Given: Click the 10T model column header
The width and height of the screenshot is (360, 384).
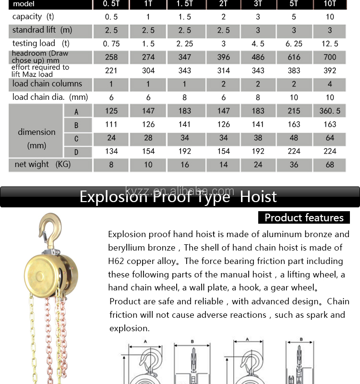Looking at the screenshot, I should (329, 4).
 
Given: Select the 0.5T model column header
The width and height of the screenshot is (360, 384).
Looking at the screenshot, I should (111, 4).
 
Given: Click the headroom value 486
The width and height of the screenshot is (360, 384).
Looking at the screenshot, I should (258, 57).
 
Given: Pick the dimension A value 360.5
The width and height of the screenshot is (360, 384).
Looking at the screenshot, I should (329, 111).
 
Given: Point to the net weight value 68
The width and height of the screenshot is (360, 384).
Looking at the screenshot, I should (329, 165).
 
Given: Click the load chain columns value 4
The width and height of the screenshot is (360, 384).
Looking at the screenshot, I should (329, 84).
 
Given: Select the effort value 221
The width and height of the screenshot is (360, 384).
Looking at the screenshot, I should (111, 71).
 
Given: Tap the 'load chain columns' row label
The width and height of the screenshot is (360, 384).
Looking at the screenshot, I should (47, 84).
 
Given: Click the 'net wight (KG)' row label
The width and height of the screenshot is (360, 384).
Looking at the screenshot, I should (43, 165).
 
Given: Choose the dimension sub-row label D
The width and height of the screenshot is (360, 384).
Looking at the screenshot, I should (76, 152).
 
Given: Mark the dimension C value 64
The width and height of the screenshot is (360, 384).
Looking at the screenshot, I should (329, 138).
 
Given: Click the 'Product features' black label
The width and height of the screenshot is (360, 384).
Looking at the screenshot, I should (304, 217).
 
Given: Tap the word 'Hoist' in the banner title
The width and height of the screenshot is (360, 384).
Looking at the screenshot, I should (258, 197).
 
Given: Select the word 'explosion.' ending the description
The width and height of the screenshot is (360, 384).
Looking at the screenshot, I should (129, 328).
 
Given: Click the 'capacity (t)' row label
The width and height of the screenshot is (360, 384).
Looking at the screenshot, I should (34, 17).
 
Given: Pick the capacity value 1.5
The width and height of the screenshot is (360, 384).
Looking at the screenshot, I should (185, 17).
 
